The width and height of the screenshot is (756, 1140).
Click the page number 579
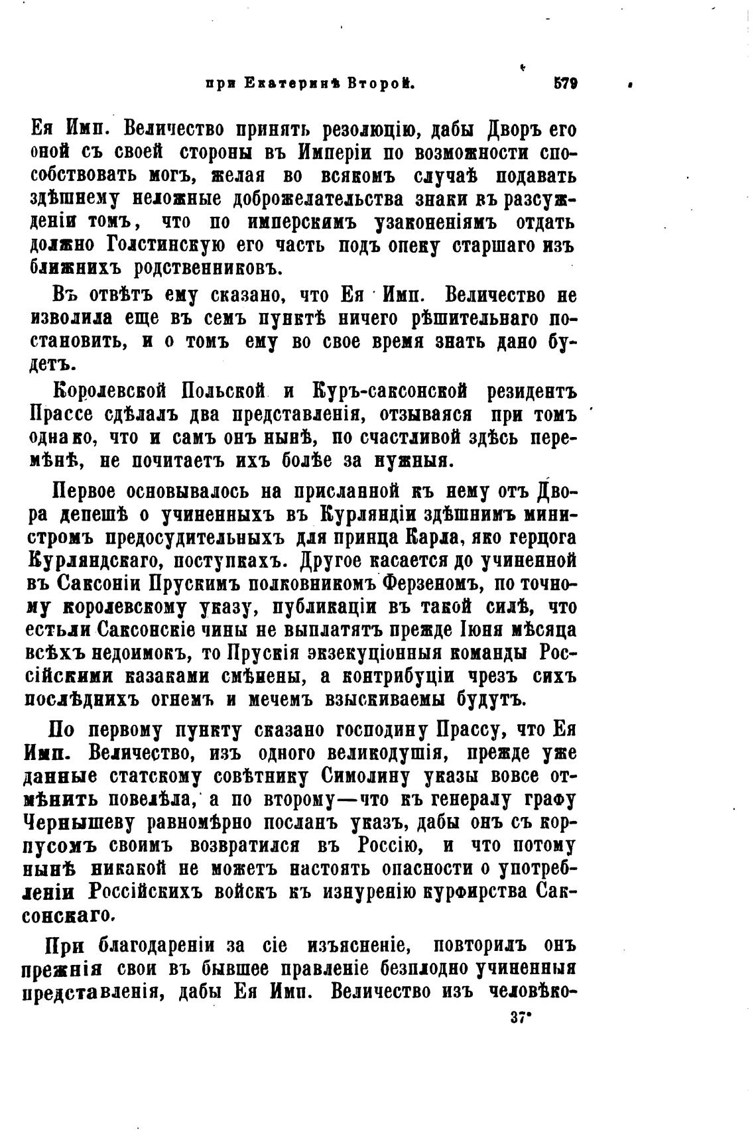[564, 84]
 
